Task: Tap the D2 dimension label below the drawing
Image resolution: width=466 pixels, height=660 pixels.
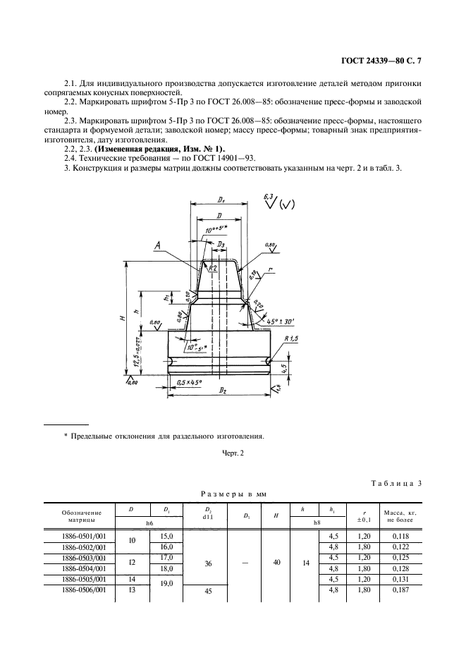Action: pyautogui.click(x=223, y=389)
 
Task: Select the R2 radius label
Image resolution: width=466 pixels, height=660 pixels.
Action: pyautogui.click(x=213, y=267)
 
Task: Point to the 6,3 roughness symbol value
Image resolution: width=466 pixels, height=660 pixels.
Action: pyautogui.click(x=268, y=195)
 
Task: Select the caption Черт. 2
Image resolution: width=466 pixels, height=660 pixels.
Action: pyautogui.click(x=232, y=453)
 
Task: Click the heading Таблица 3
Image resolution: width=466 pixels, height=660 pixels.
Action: pyautogui.click(x=396, y=482)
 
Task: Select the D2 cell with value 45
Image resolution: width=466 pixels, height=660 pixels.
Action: pyautogui.click(x=208, y=591)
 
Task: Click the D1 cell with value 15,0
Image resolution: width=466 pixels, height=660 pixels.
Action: pyautogui.click(x=167, y=536)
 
